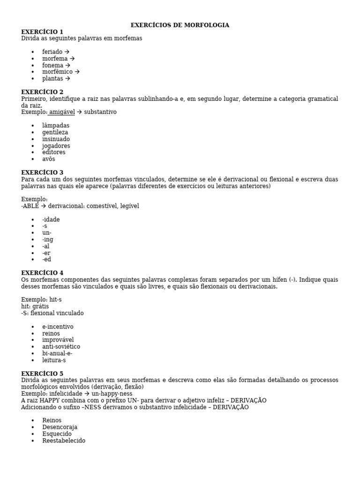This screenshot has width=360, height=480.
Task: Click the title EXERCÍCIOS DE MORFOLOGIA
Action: tap(180, 25)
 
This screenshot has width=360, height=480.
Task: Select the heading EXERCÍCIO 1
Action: tap(42, 32)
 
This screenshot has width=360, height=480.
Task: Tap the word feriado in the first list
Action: tap(52, 52)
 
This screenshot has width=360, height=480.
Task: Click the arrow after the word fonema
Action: tap(68, 66)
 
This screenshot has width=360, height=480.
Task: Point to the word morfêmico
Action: tap(57, 72)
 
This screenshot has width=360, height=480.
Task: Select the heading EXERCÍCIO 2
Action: tap(42, 92)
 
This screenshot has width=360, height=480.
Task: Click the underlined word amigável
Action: tap(61, 112)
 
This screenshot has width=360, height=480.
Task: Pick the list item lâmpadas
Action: tap(55, 126)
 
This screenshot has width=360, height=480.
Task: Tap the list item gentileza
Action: tap(55, 133)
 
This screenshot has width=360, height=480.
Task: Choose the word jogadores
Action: tap(56, 146)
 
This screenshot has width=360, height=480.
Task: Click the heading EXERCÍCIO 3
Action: tap(42, 172)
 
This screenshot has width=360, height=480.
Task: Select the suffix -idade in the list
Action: tap(51, 220)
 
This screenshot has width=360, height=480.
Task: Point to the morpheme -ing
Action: tap(47, 240)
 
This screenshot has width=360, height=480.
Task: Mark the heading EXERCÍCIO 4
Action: tap(42, 273)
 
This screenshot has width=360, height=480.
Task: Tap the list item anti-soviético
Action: tap(61, 347)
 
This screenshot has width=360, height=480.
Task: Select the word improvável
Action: tap(58, 340)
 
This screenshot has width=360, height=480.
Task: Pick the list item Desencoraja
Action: tap(60, 427)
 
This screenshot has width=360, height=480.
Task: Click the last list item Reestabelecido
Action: tap(64, 441)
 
